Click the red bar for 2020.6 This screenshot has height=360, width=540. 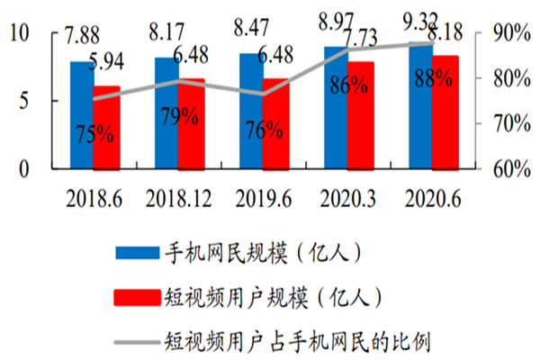445,112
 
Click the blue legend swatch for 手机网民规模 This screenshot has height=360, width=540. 136,254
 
